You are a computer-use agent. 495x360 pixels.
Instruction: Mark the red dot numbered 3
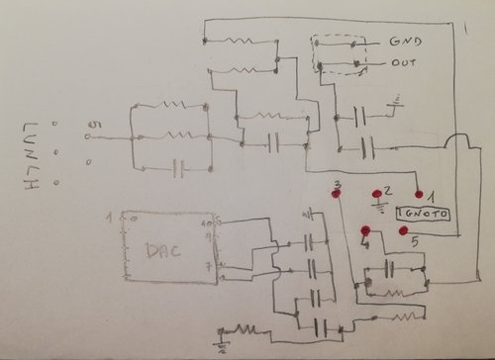point(338,196)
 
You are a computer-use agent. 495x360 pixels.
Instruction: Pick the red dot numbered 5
point(403,230)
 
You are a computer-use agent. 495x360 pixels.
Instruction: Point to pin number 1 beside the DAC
point(110,215)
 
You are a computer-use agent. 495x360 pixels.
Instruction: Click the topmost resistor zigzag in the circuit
point(241,42)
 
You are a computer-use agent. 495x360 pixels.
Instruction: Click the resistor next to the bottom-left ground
point(246,329)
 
